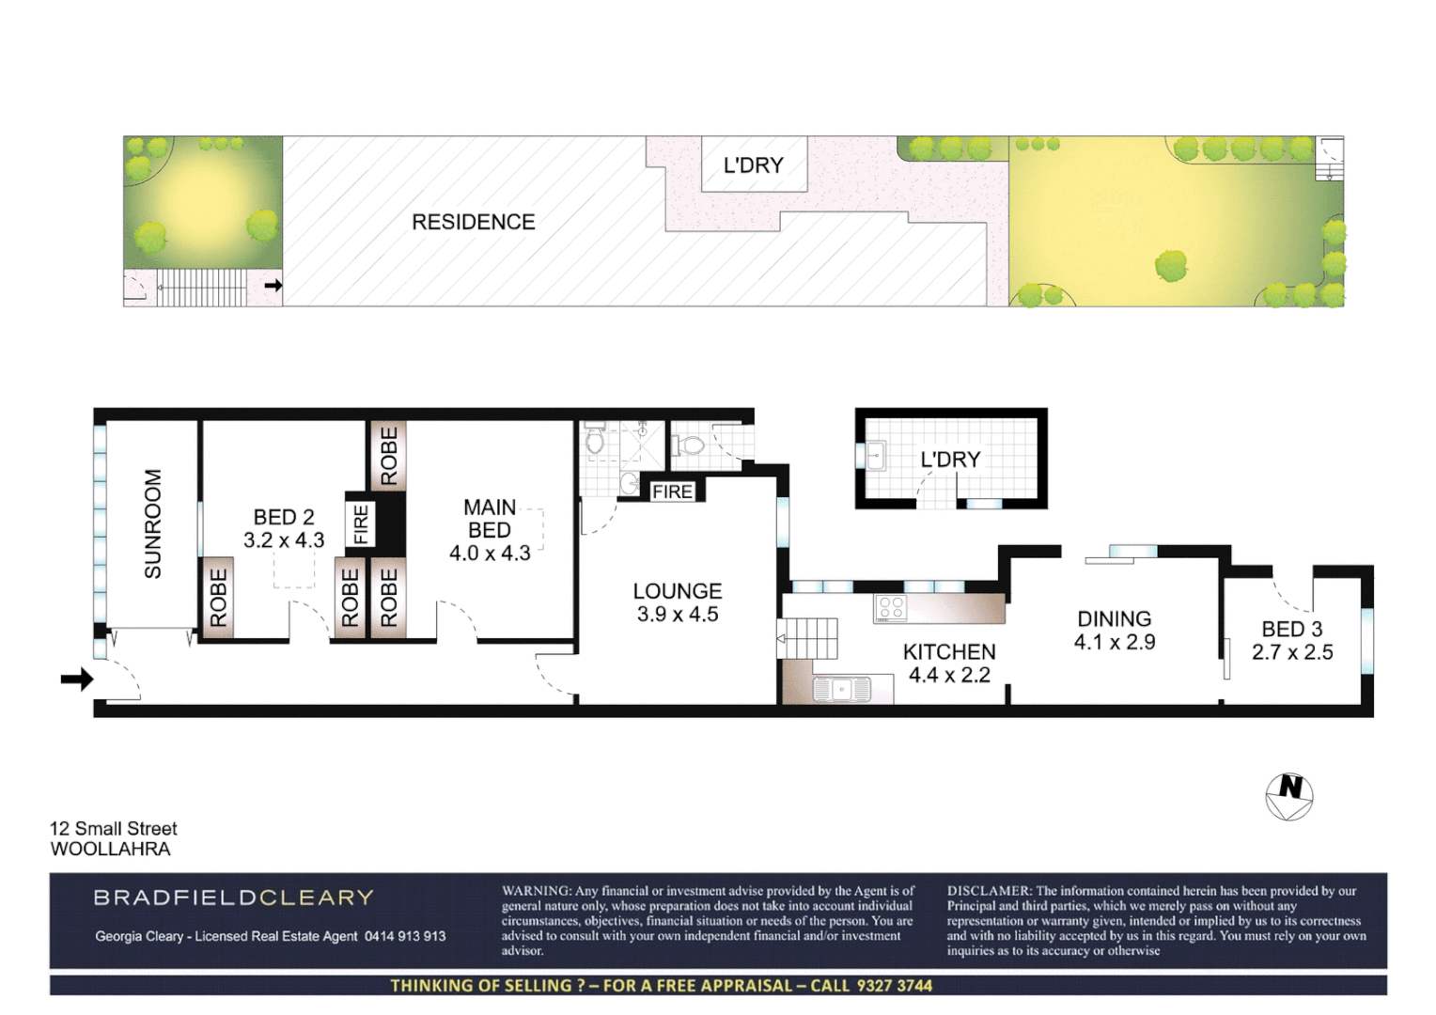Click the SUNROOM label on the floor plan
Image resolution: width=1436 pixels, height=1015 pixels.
(152, 523)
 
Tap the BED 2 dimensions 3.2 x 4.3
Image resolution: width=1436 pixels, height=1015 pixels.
(284, 540)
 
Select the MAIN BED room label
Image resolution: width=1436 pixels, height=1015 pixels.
(490, 519)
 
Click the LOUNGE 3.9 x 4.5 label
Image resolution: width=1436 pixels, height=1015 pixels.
(678, 602)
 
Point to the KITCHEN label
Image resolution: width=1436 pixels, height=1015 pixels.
(949, 652)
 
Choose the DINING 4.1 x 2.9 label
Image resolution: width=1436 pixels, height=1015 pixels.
(1115, 631)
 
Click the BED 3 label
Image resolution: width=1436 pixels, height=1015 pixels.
(1292, 630)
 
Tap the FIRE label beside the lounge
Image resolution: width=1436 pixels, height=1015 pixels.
(672, 492)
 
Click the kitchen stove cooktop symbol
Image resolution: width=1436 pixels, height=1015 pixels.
(891, 608)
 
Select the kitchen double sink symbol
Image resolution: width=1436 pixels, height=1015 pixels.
(842, 689)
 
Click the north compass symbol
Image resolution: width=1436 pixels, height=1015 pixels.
(1289, 796)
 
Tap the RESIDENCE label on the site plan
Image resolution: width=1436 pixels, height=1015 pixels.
(474, 222)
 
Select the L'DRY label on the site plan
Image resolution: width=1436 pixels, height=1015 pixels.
(753, 165)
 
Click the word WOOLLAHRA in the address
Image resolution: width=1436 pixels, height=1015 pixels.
(110, 850)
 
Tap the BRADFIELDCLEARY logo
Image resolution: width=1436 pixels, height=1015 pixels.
(233, 898)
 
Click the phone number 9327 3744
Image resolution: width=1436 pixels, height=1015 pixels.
(894, 986)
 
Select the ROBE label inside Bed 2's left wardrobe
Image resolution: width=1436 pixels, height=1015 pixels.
(218, 598)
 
